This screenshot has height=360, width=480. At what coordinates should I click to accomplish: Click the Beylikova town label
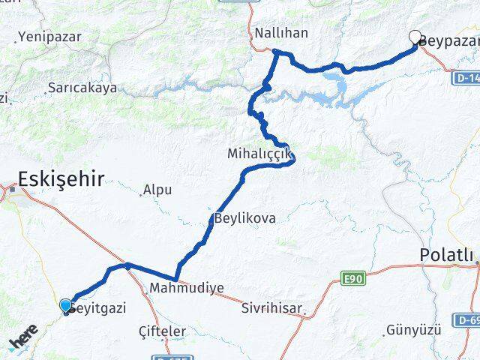(x=245, y=219)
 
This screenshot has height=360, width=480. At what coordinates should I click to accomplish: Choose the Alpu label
(x=157, y=190)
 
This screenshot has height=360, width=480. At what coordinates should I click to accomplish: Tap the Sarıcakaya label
(x=82, y=88)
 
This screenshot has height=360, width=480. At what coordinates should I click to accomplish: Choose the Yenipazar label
(x=48, y=35)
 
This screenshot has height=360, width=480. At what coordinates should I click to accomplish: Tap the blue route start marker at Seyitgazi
(x=66, y=305)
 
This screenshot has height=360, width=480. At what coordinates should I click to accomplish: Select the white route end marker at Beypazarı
(x=415, y=36)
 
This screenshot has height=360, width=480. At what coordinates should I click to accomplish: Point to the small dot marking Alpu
(x=142, y=195)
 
